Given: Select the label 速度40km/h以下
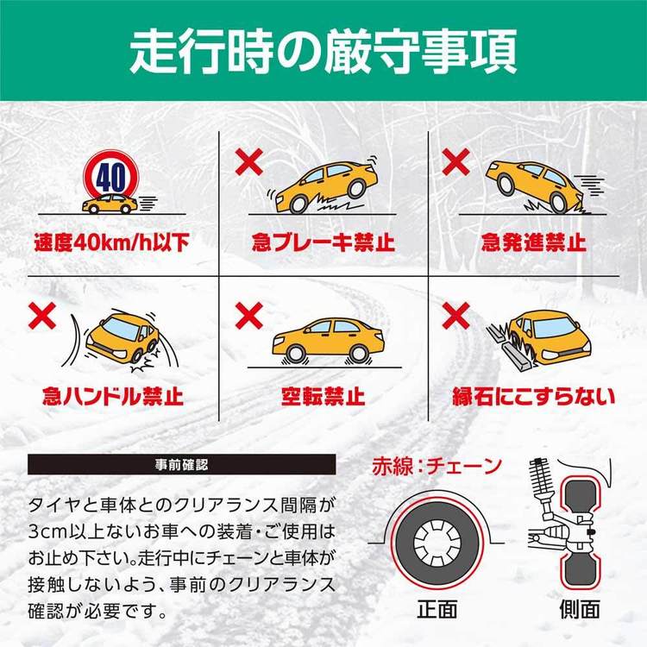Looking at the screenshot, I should click(x=110, y=241).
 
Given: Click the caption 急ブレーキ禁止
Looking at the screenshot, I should click(x=323, y=241).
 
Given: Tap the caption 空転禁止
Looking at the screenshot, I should click(x=323, y=398).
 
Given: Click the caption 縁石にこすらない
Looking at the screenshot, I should click(x=535, y=398).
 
